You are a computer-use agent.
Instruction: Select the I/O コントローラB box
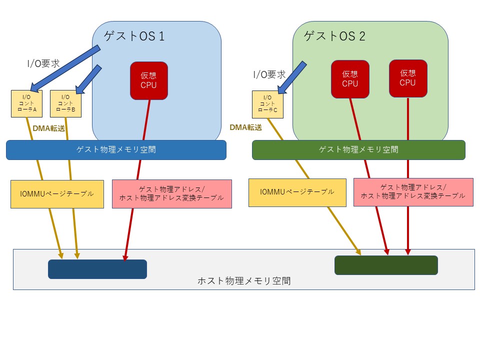point(65,103)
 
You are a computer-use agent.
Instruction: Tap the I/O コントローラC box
point(267,104)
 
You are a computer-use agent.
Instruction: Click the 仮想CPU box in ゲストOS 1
point(148,80)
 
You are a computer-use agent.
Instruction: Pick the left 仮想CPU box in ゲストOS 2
point(350,79)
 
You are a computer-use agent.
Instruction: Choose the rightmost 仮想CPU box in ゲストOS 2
point(408,78)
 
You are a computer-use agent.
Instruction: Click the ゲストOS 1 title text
point(133,36)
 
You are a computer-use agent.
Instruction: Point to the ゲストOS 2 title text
point(335,36)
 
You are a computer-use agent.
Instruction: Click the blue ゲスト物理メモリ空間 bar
point(116,149)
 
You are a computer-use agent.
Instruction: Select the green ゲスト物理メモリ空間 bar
point(358,149)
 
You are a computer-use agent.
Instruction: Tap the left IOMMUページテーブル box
point(57,194)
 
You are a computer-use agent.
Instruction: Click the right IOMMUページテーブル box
point(297,192)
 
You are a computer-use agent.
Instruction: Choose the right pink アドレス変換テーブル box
point(413,192)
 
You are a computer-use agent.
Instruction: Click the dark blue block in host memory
point(97,269)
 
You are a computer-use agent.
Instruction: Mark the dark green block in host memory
point(386,265)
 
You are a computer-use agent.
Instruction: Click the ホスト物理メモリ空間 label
point(243,281)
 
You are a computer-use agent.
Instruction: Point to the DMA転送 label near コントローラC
point(245,127)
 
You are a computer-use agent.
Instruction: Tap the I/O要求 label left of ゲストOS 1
point(43,63)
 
